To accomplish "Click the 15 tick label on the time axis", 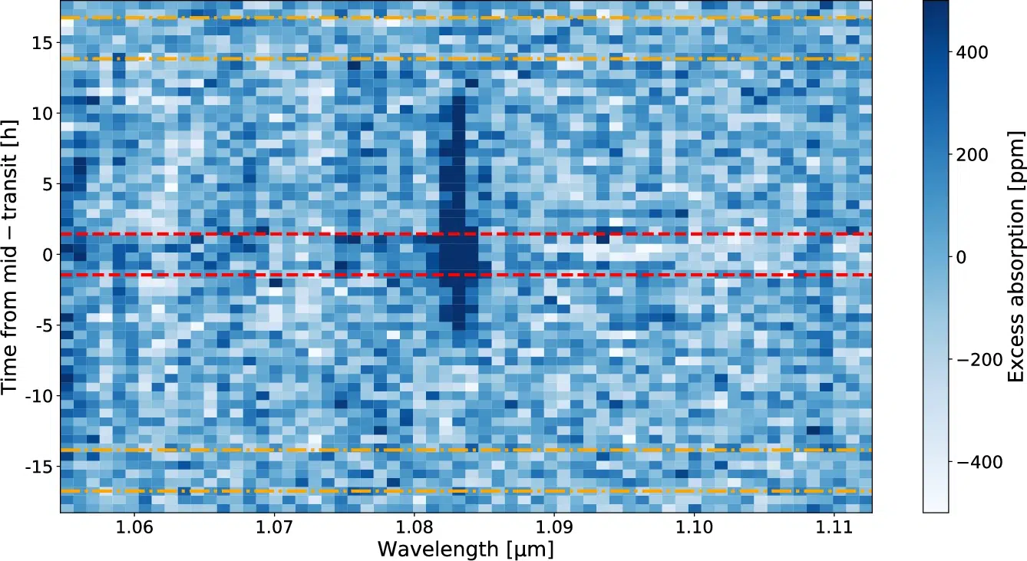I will [41, 43].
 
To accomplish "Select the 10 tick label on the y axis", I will [41, 114].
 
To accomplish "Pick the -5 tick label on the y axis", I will [43, 325].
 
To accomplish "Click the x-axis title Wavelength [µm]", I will [465, 549].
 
